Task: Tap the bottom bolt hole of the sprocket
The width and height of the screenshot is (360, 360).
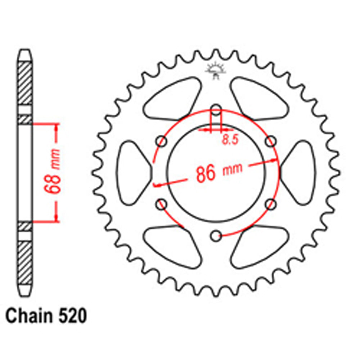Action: [216, 236]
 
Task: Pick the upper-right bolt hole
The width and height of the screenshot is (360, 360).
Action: [271, 141]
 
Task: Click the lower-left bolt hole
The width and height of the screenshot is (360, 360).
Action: [161, 204]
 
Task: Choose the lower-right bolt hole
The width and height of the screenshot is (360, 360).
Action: [271, 204]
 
